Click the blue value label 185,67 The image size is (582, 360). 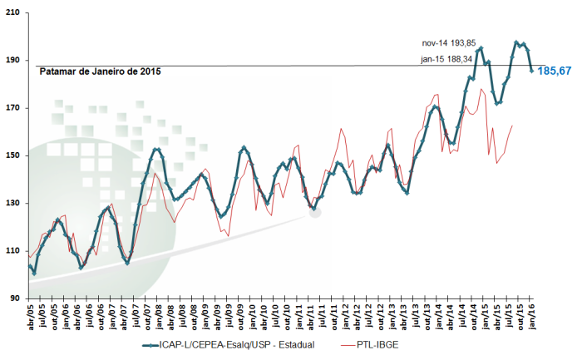555,72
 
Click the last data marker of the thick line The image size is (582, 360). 532,71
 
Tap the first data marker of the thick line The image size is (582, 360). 30,266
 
